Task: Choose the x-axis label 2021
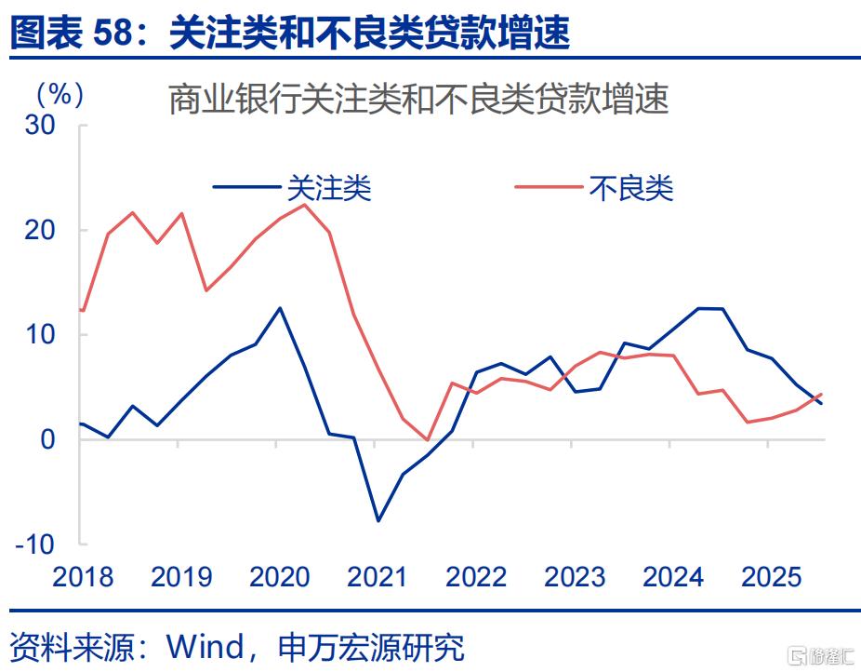click(378, 577)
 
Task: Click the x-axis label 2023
click(574, 577)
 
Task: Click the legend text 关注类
click(328, 189)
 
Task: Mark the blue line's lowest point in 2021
click(378, 520)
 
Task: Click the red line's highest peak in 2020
click(304, 205)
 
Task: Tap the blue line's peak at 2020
click(280, 308)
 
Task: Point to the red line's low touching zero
click(428, 439)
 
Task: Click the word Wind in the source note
click(202, 645)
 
